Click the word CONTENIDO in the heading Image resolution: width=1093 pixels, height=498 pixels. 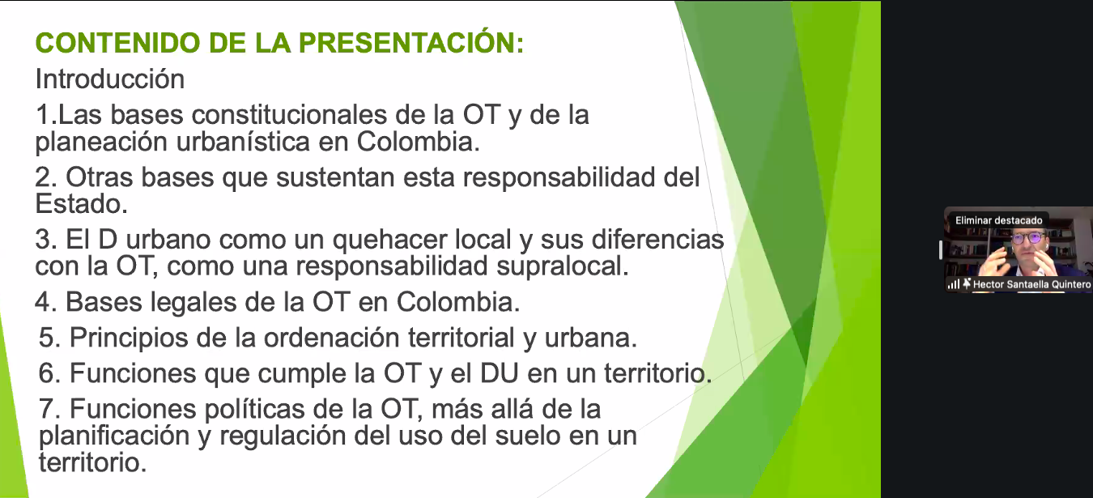118,43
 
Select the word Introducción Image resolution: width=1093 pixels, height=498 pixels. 110,79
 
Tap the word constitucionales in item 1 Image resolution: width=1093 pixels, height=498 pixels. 289,115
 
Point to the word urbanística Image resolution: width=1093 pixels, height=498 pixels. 243,142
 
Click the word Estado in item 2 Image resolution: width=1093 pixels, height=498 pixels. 81,203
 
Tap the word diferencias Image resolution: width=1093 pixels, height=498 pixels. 657,240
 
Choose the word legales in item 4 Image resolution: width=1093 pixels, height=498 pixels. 194,302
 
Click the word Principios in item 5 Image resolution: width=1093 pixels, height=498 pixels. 129,338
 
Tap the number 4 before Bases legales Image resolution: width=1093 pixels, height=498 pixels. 43,302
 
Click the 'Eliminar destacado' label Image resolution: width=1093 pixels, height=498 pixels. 999,220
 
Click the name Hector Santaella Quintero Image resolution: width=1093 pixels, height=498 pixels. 1032,284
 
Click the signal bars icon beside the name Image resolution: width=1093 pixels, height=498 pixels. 954,283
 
